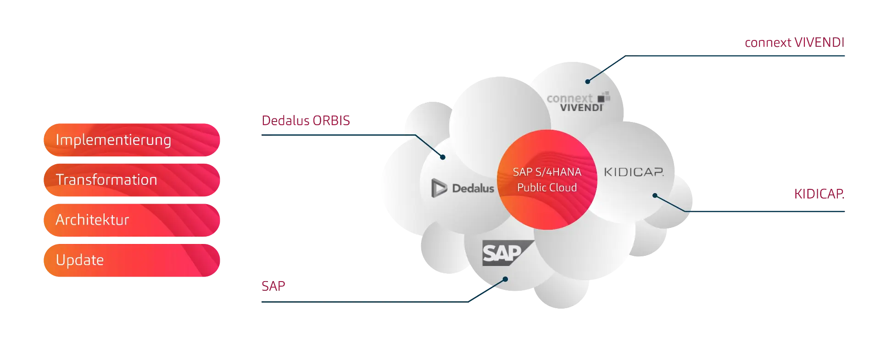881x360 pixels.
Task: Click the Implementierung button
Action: click(x=132, y=139)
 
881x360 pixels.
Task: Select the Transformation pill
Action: click(x=132, y=180)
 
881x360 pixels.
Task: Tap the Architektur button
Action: click(x=132, y=220)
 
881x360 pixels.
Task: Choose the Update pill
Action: click(x=132, y=260)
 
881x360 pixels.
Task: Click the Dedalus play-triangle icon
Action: click(x=439, y=188)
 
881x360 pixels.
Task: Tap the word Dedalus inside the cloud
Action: click(x=473, y=188)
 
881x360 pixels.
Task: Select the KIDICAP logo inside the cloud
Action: click(x=634, y=172)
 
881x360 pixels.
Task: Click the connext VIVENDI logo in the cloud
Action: click(x=576, y=103)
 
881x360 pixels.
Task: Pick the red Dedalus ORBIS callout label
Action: click(x=306, y=121)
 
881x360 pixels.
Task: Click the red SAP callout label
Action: click(x=273, y=286)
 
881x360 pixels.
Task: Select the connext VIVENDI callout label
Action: click(x=794, y=42)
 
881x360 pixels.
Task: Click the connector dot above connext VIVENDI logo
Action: click(x=587, y=82)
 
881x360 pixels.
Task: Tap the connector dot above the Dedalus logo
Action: click(x=443, y=157)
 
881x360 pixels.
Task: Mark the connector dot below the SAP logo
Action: click(x=505, y=279)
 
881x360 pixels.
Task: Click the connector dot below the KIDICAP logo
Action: click(x=655, y=196)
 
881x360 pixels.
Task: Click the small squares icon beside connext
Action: click(x=604, y=97)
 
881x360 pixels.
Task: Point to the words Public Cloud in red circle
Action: click(x=547, y=188)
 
